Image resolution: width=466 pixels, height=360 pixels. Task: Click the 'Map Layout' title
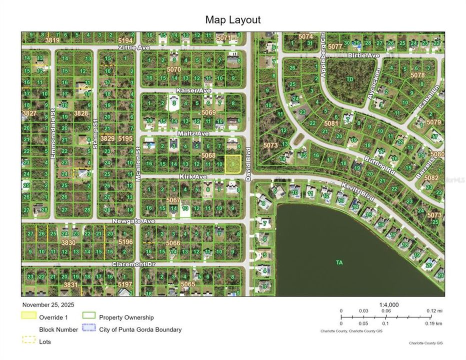point(232,20)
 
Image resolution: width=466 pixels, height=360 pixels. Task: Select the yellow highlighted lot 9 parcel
point(232,164)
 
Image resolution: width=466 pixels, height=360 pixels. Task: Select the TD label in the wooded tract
point(350,79)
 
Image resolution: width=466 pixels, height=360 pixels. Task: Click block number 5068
point(208,156)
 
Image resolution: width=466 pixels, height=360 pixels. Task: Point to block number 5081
point(331,123)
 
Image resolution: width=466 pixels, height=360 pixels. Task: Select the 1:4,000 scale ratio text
point(388,304)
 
